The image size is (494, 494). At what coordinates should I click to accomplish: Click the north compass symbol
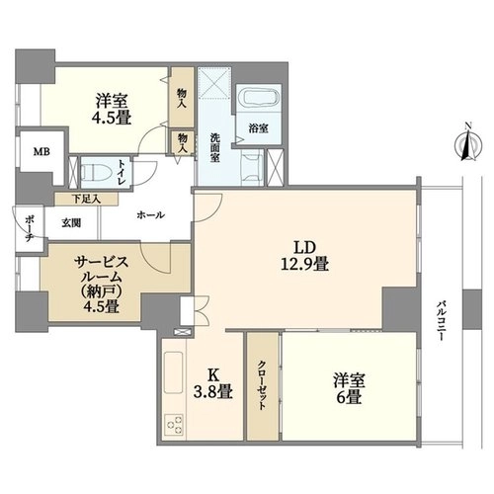468,144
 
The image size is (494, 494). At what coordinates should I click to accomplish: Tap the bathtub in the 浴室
258,98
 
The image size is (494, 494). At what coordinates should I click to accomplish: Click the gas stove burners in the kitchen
174,423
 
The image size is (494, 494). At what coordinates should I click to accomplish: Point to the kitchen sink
173,371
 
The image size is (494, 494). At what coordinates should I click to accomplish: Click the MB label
41,152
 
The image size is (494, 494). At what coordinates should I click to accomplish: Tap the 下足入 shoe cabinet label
86,199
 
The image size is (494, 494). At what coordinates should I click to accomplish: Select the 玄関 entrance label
71,223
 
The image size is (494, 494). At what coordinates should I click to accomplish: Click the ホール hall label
150,215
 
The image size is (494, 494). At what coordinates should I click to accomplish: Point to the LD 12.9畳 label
304,255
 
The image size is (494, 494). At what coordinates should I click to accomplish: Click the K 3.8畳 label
213,383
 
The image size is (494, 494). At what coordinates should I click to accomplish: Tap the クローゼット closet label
262,385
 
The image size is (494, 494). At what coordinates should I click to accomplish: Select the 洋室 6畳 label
349,388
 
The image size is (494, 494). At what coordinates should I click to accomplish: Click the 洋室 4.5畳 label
113,109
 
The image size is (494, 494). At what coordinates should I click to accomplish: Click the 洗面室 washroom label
214,147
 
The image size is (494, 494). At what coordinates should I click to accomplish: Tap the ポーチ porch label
29,228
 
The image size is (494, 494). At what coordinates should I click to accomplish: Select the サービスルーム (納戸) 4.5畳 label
101,285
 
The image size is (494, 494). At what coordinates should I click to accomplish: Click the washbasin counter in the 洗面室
252,167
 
